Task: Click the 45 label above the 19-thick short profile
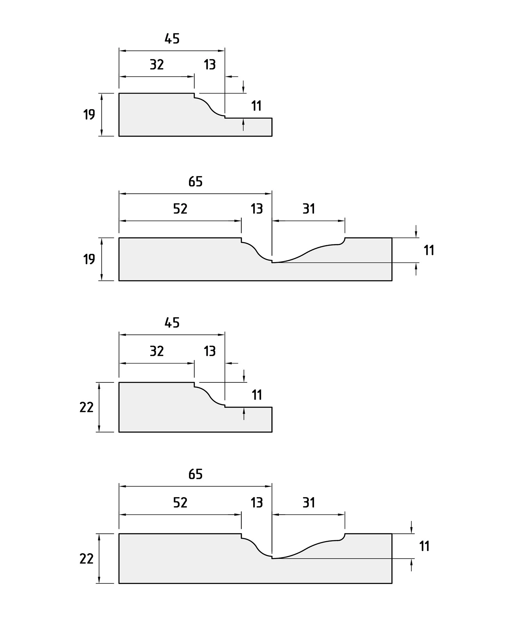click(x=172, y=39)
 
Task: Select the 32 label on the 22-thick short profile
click(x=157, y=351)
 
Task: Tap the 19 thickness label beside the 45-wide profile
click(x=89, y=115)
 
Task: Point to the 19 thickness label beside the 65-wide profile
click(x=89, y=259)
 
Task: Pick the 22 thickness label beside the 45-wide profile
click(x=87, y=407)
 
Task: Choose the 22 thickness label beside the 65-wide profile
click(x=87, y=559)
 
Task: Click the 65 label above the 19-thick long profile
click(x=195, y=182)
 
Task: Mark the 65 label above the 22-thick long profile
click(x=195, y=474)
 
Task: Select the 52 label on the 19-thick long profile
click(x=180, y=209)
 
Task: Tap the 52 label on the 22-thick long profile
click(x=180, y=503)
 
